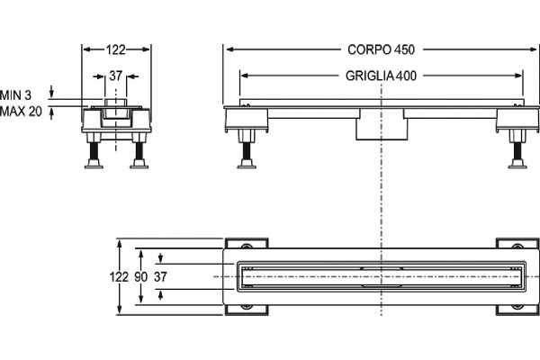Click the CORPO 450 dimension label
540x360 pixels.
(381, 49)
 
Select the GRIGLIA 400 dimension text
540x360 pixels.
(381, 76)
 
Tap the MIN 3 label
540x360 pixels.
(15, 95)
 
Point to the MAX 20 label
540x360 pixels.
(21, 112)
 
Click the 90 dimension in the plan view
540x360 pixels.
(140, 276)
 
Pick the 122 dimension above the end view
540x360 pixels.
(116, 50)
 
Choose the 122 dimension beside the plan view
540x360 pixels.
(119, 276)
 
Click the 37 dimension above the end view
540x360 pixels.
(116, 76)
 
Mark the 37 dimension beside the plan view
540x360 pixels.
(160, 276)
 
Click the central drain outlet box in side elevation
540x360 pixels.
(382, 125)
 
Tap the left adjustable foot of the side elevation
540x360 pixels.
(247, 149)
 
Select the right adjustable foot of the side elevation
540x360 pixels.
(517, 149)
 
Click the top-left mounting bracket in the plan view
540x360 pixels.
(247, 243)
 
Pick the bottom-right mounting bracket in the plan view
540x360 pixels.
(517, 310)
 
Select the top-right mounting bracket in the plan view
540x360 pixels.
(517, 243)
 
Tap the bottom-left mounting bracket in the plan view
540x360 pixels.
(247, 310)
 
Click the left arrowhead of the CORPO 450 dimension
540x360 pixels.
(230, 49)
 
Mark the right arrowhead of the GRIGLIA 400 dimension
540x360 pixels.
(517, 76)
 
